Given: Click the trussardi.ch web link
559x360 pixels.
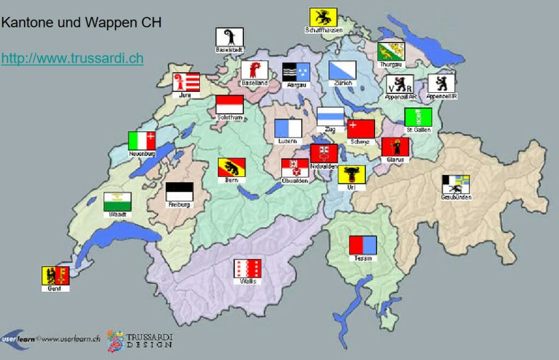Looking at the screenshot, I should pyautogui.click(x=72, y=58).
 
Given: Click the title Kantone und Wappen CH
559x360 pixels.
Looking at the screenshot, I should pyautogui.click(x=81, y=23).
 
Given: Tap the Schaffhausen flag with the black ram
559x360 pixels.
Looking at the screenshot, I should pyautogui.click(x=323, y=17).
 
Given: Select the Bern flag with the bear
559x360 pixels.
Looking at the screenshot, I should pyautogui.click(x=231, y=167).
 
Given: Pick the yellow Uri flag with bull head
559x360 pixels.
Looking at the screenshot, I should pyautogui.click(x=352, y=175).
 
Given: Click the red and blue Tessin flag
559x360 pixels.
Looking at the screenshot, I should pyautogui.click(x=363, y=245).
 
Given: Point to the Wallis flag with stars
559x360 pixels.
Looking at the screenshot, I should pyautogui.click(x=247, y=268).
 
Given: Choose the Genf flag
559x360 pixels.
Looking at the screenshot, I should pyautogui.click(x=55, y=275).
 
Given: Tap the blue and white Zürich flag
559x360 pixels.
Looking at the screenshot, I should pyautogui.click(x=342, y=70).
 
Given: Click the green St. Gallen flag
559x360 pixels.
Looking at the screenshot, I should pyautogui.click(x=418, y=117).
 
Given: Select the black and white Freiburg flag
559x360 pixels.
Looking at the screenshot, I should pyautogui.click(x=180, y=192).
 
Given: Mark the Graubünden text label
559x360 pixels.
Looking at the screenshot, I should pyautogui.click(x=456, y=197).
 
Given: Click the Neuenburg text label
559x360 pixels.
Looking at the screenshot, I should pyautogui.click(x=142, y=154).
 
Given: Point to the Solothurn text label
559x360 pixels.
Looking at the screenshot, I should pyautogui.click(x=229, y=117).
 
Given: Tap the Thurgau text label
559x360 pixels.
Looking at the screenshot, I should pyautogui.click(x=391, y=64).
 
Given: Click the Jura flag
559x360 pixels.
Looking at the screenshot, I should pyautogui.click(x=186, y=82).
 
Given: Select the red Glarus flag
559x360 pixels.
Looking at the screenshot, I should pyautogui.click(x=395, y=147).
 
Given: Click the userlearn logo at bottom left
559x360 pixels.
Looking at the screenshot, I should pyautogui.click(x=19, y=339).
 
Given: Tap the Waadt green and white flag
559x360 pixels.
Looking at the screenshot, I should pyautogui.click(x=117, y=202).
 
